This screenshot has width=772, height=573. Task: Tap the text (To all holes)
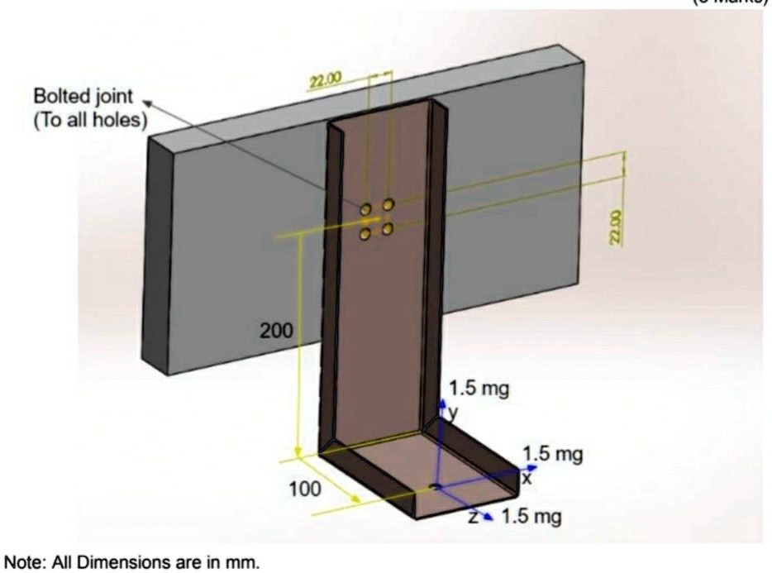click(x=90, y=120)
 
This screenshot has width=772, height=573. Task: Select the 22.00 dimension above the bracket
click(x=324, y=80)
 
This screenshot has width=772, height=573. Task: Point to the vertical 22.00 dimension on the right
click(x=615, y=227)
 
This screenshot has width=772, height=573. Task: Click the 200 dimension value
click(x=276, y=332)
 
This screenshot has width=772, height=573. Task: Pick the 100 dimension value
click(x=305, y=489)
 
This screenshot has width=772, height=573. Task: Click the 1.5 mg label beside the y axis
click(x=479, y=388)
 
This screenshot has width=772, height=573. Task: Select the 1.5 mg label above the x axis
click(x=553, y=453)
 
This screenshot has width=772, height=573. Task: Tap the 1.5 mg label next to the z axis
click(x=531, y=518)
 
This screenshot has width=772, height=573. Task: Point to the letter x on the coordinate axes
click(x=527, y=477)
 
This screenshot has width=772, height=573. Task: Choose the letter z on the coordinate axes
click(x=473, y=517)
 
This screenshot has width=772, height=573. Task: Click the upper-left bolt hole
click(x=365, y=210)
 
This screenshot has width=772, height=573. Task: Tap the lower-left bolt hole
click(x=365, y=235)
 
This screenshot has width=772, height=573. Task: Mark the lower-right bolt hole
click(x=388, y=229)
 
